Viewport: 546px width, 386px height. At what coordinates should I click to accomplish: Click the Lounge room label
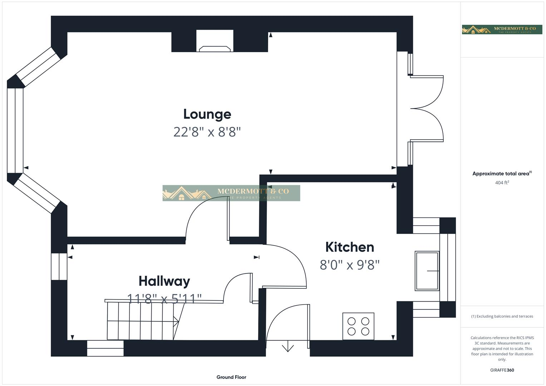(x=207, y=114)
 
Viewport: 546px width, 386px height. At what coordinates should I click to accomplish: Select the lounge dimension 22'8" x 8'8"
(x=207, y=132)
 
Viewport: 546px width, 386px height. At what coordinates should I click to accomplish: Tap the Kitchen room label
(x=349, y=247)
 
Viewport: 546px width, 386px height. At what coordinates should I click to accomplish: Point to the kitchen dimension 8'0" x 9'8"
(x=349, y=265)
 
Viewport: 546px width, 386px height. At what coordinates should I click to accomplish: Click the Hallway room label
(x=164, y=281)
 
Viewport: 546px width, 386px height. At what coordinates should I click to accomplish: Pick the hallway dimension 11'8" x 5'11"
(x=164, y=298)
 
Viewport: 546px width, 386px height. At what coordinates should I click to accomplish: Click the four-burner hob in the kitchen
(x=358, y=326)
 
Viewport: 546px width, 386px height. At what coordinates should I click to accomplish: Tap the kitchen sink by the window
(x=427, y=271)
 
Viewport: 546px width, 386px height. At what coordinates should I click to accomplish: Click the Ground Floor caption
(x=231, y=377)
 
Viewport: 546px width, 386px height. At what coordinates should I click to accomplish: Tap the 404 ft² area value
(x=502, y=183)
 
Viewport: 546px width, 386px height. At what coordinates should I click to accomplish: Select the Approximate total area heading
(x=502, y=174)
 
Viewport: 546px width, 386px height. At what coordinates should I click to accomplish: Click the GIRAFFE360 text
(x=502, y=370)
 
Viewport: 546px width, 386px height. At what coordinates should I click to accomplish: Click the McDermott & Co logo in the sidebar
(x=502, y=30)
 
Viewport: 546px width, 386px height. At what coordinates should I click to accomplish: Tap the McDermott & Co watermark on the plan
(x=231, y=193)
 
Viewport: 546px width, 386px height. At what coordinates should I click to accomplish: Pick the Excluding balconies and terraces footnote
(x=502, y=316)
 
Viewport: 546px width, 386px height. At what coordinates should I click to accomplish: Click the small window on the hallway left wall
(x=59, y=267)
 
